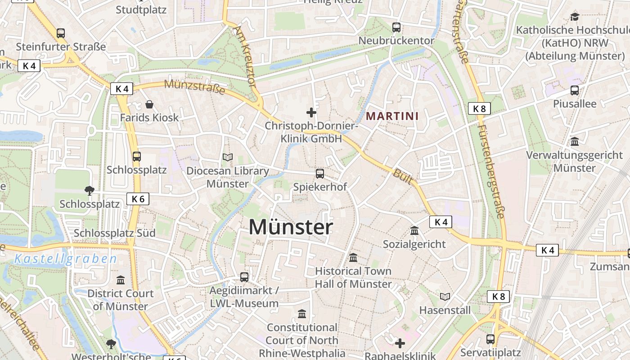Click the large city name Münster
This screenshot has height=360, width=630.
pos(291,227)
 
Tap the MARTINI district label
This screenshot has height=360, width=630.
pos(392,116)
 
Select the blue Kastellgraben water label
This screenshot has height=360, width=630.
pos(66,259)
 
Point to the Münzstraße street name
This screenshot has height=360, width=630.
pos(194,86)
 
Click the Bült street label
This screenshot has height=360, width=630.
pos(402,176)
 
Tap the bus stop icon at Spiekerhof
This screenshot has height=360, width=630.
pos(320,173)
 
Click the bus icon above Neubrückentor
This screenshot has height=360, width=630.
pos(396,27)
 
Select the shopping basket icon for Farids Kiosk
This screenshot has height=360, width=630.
pos(149,105)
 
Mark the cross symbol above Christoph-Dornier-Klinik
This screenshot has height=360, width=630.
pos(311,112)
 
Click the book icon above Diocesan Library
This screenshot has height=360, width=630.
pos(228,157)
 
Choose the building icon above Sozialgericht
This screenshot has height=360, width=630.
pos(414,231)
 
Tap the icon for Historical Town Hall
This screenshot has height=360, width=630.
pos(353,258)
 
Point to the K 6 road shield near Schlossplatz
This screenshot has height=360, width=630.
pos(138,199)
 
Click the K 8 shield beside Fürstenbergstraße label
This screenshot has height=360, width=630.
pos(479,108)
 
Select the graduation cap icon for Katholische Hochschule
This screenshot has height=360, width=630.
pos(575,17)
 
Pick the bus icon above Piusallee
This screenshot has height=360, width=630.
pos(575,90)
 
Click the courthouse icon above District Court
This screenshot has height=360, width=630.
pos(121,280)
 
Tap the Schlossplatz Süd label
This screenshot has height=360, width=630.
pos(115,233)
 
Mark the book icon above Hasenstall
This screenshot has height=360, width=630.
pos(445,297)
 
